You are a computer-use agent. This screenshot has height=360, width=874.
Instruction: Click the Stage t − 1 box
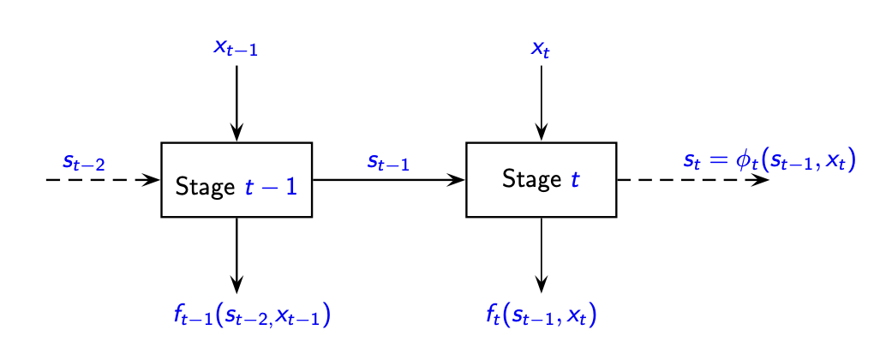[x=236, y=180]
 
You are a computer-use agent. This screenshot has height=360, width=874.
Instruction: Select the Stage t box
[x=541, y=180]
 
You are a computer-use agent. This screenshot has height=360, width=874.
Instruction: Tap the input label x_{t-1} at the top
[x=236, y=47]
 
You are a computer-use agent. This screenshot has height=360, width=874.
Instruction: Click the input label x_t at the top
[x=541, y=49]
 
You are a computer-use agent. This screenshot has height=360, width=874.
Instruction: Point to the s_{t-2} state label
[x=83, y=161]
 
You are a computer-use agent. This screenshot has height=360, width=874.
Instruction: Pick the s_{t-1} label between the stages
[x=388, y=161]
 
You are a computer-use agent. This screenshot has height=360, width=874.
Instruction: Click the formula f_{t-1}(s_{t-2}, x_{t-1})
[x=252, y=316]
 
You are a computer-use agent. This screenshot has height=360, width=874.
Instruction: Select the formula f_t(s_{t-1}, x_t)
[x=541, y=316]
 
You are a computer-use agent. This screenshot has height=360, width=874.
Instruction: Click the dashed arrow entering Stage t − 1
[x=103, y=180]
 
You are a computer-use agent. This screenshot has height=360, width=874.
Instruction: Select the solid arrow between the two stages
[x=388, y=180]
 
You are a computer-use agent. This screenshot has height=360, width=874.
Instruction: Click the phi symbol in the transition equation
[x=744, y=160]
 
